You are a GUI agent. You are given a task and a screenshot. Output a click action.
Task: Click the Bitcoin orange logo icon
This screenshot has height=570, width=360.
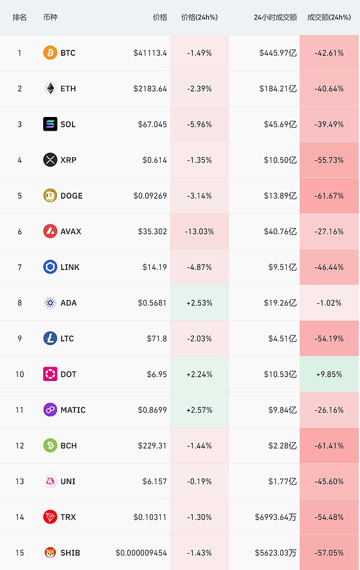point(50,53)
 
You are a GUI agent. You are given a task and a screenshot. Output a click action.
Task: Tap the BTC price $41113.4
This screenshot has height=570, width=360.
point(150,53)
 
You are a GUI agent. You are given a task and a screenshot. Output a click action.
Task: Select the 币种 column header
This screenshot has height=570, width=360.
point(51,17)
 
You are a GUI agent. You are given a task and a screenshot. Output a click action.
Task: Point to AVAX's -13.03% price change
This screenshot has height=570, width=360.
point(199,231)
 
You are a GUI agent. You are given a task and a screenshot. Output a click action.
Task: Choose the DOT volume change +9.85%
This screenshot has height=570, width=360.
point(329,374)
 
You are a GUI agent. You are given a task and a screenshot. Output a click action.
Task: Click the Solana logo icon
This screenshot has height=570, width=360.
point(50,124)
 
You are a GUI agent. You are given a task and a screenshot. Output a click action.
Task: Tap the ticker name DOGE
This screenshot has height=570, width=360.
point(71,196)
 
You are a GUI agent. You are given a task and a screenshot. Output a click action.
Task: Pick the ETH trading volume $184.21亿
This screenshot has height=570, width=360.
point(278,89)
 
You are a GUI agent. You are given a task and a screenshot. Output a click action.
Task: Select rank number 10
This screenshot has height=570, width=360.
point(20,374)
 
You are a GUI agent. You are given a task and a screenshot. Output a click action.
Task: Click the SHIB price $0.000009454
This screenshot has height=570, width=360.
point(141,553)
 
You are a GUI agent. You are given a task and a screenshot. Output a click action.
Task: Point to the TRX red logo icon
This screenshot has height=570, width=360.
point(50,517)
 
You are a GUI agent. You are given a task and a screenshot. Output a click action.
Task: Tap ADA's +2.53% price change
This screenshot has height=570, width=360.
point(199,303)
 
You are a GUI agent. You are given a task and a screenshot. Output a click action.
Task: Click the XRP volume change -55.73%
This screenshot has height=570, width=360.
point(329,160)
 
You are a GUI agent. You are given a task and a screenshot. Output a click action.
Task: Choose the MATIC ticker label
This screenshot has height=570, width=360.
point(73,410)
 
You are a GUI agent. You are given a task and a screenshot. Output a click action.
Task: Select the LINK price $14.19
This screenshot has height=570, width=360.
point(154,267)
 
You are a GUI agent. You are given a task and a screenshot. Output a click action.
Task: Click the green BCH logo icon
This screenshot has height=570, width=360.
point(50,445)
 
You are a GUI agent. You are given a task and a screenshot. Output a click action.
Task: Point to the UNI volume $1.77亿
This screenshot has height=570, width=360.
point(280,481)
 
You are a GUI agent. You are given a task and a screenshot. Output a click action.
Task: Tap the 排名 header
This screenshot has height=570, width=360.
point(20,17)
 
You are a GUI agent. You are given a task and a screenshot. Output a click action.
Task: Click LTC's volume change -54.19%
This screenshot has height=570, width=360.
point(329,338)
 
